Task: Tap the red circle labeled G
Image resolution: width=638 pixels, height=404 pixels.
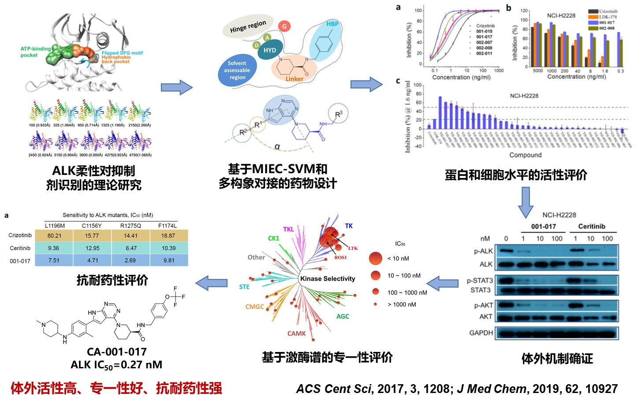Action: (284, 26)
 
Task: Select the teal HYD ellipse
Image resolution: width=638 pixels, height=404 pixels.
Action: (269, 50)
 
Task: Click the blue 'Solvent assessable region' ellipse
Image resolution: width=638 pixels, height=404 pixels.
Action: (238, 70)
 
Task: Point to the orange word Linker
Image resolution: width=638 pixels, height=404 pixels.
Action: (294, 79)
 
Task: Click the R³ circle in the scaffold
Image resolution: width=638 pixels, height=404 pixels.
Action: (338, 115)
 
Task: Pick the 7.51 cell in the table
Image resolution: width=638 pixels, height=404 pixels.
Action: (54, 260)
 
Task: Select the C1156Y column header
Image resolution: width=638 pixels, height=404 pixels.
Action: (92, 226)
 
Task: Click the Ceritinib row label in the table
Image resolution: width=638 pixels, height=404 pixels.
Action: (20, 248)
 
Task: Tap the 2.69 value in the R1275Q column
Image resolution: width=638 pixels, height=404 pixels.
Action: (131, 260)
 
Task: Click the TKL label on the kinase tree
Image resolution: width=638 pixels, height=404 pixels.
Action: (288, 229)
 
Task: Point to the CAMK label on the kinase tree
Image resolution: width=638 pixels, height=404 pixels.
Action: (296, 334)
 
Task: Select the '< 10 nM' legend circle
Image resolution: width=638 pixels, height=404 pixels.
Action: (376, 258)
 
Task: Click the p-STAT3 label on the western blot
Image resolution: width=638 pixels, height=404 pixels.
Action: (480, 280)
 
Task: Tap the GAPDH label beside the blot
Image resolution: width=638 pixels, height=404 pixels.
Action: (481, 333)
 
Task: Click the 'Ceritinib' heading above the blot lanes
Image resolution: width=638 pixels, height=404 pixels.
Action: (591, 226)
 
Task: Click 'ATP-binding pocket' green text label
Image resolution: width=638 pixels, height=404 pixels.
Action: (35, 52)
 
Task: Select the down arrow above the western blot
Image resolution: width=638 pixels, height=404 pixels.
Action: (526, 202)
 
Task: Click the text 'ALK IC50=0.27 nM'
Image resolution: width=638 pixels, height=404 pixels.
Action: (116, 365)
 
